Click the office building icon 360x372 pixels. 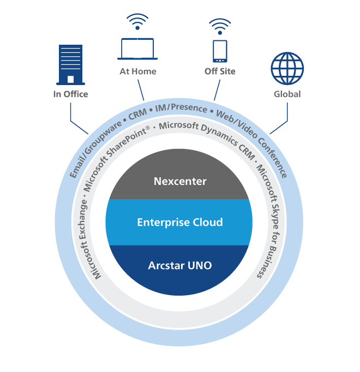(70, 64)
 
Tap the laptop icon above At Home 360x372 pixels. (137, 50)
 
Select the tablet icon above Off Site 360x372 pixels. (219, 51)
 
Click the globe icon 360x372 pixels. (287, 69)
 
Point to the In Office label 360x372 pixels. (70, 94)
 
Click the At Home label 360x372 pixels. (138, 71)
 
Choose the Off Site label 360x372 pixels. (220, 71)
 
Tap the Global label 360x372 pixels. (287, 94)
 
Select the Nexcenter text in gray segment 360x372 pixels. (180, 181)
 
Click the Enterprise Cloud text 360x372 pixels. (180, 222)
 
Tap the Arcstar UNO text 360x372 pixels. (180, 266)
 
